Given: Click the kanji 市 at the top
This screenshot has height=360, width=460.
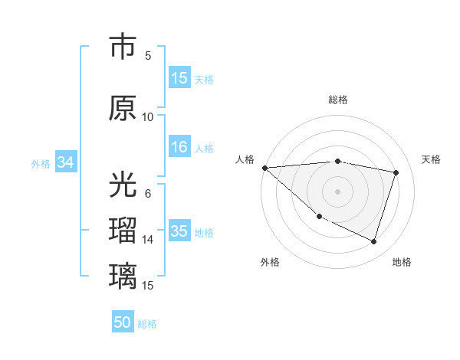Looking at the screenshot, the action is (x=123, y=46).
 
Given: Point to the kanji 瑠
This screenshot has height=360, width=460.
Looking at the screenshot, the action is (x=123, y=231).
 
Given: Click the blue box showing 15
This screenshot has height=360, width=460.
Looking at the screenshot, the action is (x=179, y=78).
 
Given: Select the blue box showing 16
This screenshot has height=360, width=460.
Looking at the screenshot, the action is (x=179, y=147).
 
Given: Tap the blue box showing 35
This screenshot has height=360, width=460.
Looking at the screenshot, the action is (x=179, y=231).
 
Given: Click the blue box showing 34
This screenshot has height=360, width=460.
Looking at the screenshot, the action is (x=66, y=162).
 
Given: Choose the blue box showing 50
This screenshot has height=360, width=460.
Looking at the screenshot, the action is (x=123, y=323).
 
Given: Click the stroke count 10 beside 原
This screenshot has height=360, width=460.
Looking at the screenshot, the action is (x=148, y=116).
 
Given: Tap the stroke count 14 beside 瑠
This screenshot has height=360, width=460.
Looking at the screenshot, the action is (x=148, y=239).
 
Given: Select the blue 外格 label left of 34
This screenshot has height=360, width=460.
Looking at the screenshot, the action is (x=41, y=163).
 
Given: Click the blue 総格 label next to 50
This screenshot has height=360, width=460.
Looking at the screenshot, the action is (x=147, y=324).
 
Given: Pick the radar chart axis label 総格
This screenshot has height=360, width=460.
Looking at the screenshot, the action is (x=338, y=100).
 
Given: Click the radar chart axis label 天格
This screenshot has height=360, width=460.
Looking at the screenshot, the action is (x=432, y=159).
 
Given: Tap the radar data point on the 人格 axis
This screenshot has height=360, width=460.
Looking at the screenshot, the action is (x=264, y=168).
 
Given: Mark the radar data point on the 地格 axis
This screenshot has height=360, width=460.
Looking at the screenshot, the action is (x=374, y=242).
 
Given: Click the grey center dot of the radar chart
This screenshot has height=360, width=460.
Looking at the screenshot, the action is (x=337, y=191).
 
